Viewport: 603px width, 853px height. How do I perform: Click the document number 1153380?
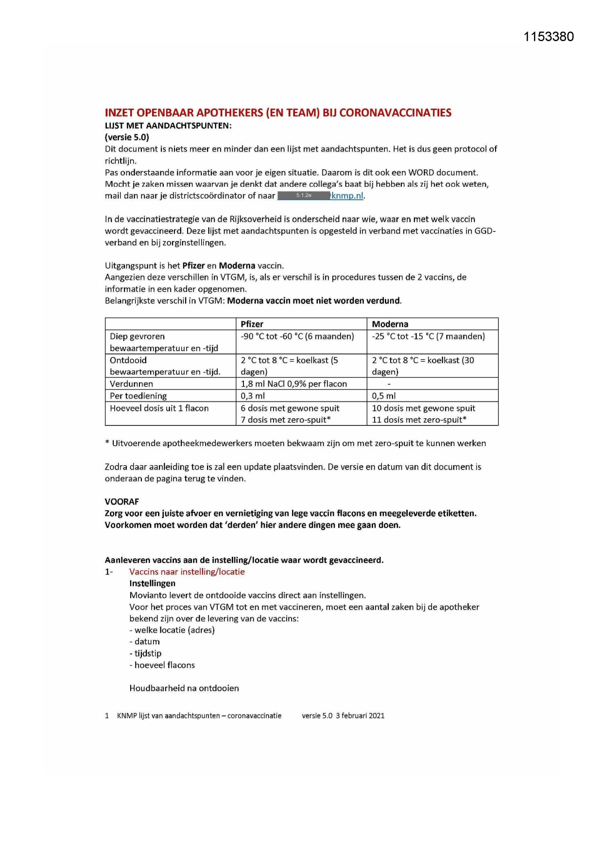tap(549, 37)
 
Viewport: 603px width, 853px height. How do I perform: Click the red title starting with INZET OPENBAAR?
tap(278, 113)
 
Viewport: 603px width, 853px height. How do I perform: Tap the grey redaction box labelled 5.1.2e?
tap(304, 195)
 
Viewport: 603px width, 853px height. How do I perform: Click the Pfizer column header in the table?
tap(252, 324)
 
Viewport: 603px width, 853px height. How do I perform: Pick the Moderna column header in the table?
tap(390, 324)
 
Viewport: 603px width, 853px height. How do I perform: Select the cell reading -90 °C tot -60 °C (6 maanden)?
tap(297, 336)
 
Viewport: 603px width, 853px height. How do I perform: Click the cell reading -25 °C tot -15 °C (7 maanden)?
tap(428, 336)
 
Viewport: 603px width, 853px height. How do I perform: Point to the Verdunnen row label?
tap(131, 384)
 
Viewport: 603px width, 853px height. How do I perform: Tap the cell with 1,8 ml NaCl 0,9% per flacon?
tap(294, 384)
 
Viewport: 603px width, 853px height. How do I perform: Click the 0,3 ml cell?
tap(253, 396)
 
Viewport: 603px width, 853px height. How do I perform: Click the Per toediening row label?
tap(138, 396)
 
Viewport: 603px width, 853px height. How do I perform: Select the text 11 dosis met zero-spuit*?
tap(419, 420)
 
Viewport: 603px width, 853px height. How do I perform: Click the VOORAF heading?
tap(121, 501)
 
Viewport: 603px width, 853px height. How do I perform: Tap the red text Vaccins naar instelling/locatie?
tap(187, 571)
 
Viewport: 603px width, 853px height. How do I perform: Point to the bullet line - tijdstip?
tap(145, 653)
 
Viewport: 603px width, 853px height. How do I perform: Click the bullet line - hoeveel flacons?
tap(162, 665)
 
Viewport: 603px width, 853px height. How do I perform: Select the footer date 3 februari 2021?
tap(360, 715)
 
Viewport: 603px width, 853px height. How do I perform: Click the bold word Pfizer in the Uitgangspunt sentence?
tap(193, 266)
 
